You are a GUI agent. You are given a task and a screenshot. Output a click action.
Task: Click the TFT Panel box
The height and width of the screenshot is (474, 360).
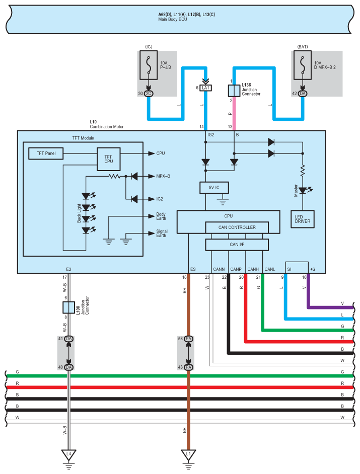click(46, 153)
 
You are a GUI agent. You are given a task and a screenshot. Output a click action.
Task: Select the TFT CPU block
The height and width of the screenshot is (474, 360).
click(109, 159)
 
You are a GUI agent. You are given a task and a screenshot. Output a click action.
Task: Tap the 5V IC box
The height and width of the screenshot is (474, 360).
click(214, 188)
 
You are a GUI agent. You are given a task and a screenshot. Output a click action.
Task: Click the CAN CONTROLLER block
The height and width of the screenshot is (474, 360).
click(237, 227)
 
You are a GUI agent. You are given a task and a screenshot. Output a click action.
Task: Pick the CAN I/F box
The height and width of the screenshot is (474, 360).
click(237, 245)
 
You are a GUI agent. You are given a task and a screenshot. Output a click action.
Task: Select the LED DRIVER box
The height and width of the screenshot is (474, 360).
click(303, 219)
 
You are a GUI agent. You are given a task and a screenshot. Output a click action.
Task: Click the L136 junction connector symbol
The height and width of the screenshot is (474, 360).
click(234, 91)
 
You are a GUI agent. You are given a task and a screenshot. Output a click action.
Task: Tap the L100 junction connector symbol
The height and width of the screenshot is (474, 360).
click(68, 307)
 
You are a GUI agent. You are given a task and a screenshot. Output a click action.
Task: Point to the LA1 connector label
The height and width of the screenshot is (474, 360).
click(206, 88)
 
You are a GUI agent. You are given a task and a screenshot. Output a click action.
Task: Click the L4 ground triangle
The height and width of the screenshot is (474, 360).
click(68, 454)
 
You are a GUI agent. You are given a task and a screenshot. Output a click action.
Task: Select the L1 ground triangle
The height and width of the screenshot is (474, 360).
click(188, 454)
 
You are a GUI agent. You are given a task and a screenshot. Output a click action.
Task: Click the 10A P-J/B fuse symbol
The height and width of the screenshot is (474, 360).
click(149, 65)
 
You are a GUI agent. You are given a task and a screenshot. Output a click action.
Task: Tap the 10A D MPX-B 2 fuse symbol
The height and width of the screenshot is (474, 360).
click(303, 65)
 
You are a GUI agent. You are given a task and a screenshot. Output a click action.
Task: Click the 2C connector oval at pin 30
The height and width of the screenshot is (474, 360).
click(149, 94)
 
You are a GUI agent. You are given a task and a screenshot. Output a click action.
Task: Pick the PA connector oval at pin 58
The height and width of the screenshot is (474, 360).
click(189, 339)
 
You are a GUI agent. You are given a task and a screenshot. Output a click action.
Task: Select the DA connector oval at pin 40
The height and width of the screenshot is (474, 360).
click(68, 367)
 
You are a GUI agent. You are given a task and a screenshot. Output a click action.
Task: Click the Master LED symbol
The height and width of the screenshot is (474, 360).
click(303, 190)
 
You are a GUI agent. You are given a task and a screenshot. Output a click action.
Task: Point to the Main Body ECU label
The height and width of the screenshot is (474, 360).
click(172, 19)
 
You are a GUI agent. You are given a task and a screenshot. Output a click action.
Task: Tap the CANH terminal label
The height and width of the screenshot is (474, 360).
click(253, 269)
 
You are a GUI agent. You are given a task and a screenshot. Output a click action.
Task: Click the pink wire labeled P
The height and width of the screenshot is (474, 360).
click(234, 114)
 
